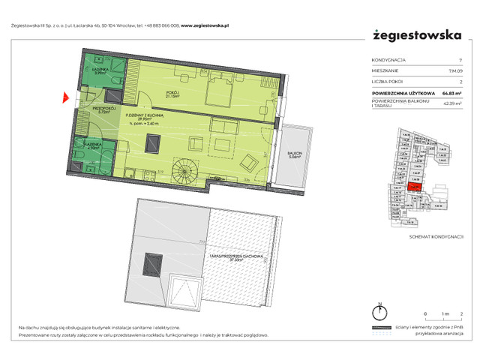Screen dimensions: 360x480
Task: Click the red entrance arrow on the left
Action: pos(66,96)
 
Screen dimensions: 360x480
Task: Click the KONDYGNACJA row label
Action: pos(390,61)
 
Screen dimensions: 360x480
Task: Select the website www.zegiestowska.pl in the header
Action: pos(203,23)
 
